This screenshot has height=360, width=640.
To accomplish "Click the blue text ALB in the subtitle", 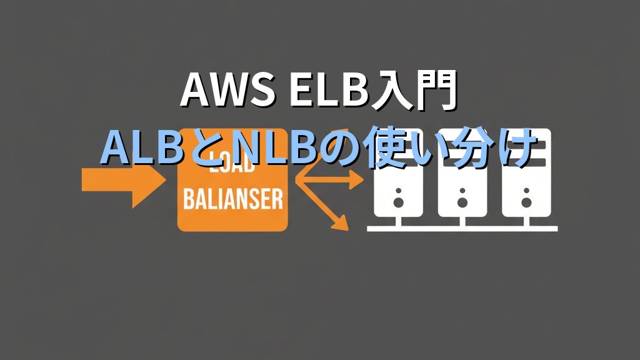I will coord(137,147).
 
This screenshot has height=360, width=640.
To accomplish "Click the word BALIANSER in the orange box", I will coord(232,201).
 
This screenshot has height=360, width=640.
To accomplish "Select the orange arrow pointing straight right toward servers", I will coord(331,182).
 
